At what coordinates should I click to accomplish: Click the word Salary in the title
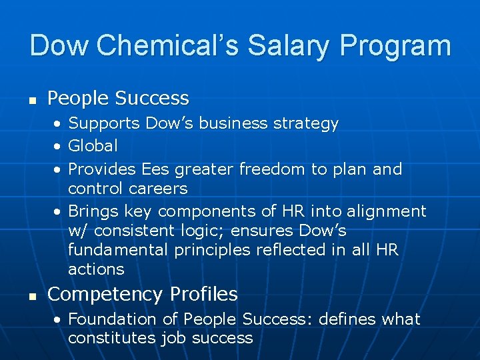click(x=289, y=46)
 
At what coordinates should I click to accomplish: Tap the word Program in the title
click(x=395, y=46)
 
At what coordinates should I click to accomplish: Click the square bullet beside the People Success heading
click(x=32, y=101)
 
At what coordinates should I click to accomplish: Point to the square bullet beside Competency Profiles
click(x=32, y=296)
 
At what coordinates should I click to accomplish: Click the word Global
click(x=93, y=145)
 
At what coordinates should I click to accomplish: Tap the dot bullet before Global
click(x=59, y=146)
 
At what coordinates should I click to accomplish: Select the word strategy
click(x=305, y=124)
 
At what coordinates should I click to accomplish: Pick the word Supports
click(x=104, y=123)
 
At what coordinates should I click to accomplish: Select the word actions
click(x=96, y=269)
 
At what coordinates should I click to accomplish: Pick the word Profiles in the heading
click(x=203, y=294)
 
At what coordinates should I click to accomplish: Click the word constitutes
click(x=112, y=338)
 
